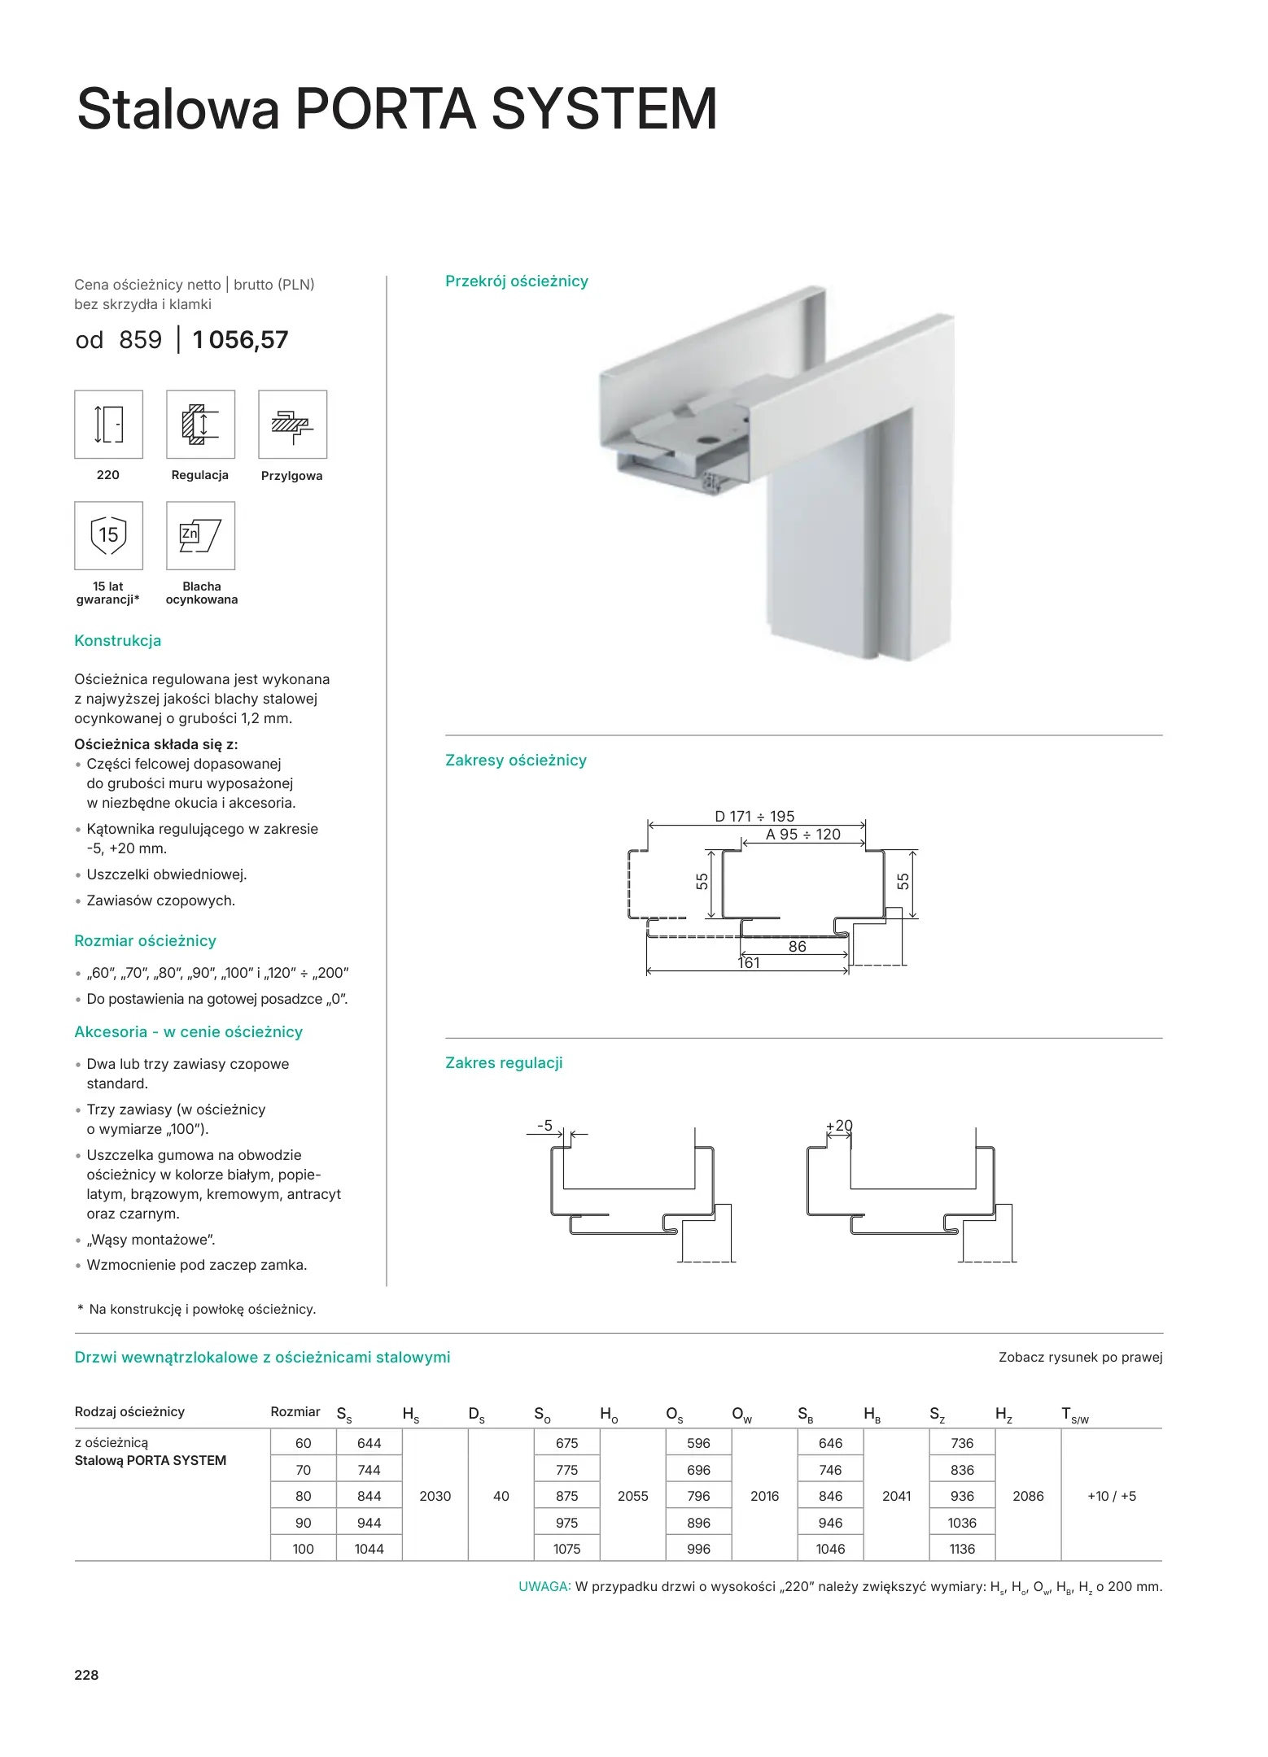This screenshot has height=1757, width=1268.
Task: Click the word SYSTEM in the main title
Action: click(604, 109)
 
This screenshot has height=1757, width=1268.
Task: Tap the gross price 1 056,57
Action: click(240, 340)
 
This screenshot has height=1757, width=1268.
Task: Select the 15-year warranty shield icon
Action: click(108, 535)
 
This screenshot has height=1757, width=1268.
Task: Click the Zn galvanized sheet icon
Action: click(200, 535)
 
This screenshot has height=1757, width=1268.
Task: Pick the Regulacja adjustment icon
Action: click(200, 425)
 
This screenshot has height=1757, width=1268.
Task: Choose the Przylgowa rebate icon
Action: click(292, 425)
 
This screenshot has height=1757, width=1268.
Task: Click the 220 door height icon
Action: click(108, 425)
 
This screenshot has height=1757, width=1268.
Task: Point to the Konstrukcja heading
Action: click(118, 641)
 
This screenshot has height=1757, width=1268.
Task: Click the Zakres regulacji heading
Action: click(504, 1063)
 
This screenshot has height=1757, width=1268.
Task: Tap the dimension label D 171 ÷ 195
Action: click(754, 816)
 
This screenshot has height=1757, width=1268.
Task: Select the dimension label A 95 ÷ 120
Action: click(802, 835)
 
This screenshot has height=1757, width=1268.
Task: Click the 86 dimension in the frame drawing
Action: click(798, 947)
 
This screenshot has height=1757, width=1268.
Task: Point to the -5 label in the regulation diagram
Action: click(544, 1126)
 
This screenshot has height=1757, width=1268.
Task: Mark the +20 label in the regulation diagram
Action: click(839, 1126)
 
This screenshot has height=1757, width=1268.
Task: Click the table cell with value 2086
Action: click(1028, 1496)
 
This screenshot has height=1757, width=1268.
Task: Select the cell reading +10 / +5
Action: click(1112, 1496)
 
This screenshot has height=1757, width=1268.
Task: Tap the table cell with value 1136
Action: click(962, 1549)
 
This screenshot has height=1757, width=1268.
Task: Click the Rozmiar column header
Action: click(295, 1412)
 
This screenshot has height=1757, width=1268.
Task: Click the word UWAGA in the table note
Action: click(544, 1587)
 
